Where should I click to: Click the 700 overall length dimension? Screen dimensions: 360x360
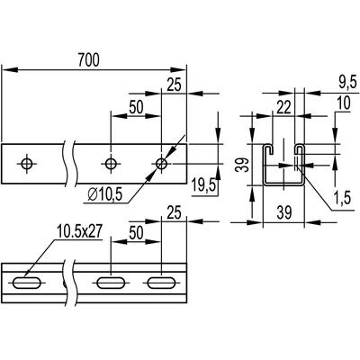[x=88, y=59]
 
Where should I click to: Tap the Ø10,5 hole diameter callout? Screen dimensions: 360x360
[x=105, y=195]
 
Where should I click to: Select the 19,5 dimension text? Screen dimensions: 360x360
[x=204, y=185]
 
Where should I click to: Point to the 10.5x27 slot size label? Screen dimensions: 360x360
[x=80, y=232]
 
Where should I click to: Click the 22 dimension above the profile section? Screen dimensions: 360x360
[x=283, y=108]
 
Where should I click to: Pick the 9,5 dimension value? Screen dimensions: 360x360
[x=347, y=82]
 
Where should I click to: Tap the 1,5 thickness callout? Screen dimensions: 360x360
[x=343, y=198]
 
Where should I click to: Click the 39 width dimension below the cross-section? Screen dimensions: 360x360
[x=283, y=212]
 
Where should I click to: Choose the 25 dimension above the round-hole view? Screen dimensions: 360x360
[x=175, y=85]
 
